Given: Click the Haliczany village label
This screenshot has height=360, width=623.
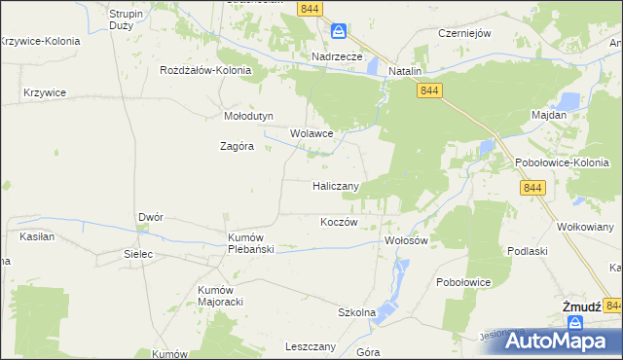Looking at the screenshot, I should [x=337, y=186].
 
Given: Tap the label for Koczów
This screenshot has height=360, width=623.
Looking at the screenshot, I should [x=340, y=222].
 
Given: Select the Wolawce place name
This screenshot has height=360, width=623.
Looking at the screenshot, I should [x=312, y=133].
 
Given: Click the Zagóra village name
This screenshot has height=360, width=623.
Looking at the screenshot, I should [x=237, y=147].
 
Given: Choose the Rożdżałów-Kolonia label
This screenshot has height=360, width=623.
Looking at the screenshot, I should [x=206, y=71].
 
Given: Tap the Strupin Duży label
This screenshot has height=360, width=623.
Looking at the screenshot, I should [x=128, y=20].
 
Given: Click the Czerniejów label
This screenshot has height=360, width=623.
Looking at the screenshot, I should [x=464, y=32].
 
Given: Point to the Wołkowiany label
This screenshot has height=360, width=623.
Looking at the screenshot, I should [x=585, y=226].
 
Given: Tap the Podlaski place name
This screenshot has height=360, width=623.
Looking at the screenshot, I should [x=526, y=250].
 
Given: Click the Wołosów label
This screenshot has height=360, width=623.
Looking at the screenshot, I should [x=407, y=240].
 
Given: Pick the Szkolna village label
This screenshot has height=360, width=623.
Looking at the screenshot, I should [x=356, y=312].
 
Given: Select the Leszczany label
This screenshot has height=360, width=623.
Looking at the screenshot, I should [x=311, y=346].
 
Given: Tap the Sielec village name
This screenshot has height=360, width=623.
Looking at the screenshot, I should [x=138, y=252].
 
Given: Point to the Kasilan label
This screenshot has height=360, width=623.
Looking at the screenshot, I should [x=36, y=236].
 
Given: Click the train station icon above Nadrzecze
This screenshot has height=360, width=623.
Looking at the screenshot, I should [x=338, y=31].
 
